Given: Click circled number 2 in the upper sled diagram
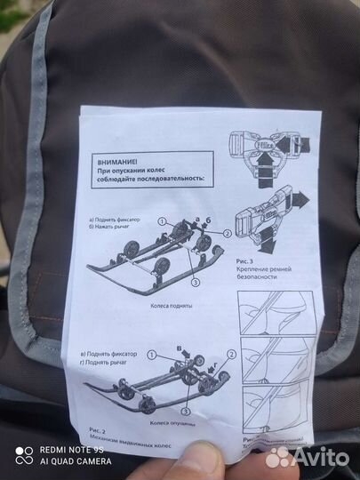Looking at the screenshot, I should (227, 232).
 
